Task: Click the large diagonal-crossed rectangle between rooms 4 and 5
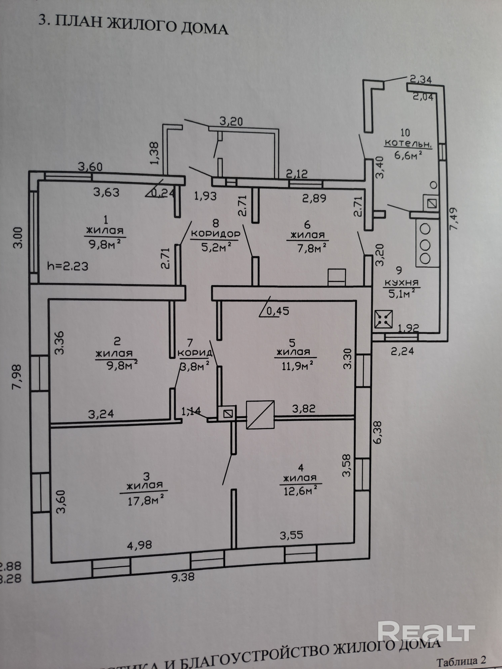(260, 415)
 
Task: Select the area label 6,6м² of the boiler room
(408, 155)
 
